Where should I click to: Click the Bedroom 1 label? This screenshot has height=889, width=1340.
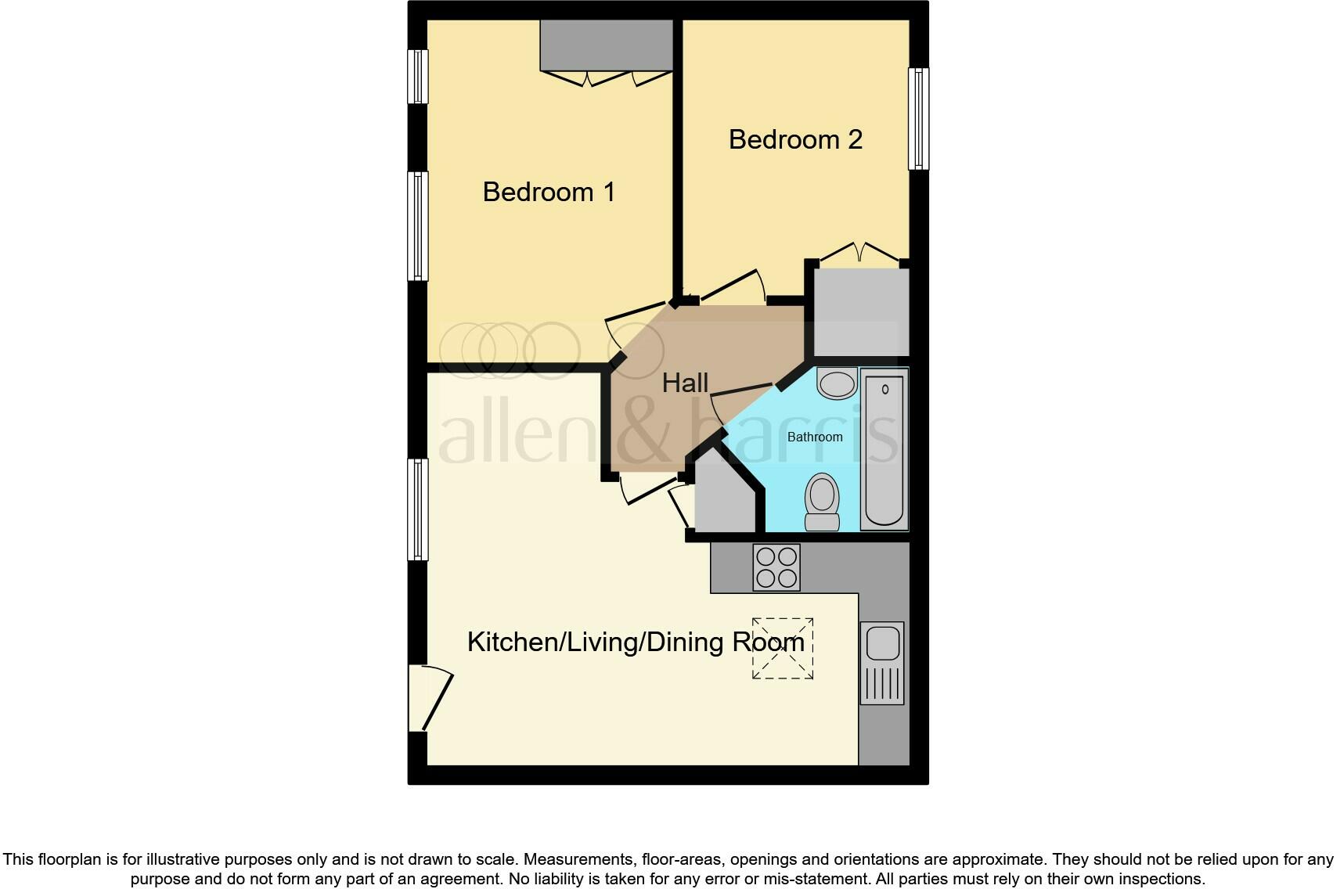click(549, 192)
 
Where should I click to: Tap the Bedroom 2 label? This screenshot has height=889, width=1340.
click(795, 139)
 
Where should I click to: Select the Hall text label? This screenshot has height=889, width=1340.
click(685, 383)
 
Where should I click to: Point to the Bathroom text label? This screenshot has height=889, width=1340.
click(815, 437)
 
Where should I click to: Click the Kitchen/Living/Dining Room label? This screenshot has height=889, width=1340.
click(636, 642)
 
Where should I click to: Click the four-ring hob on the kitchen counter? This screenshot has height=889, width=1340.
click(776, 567)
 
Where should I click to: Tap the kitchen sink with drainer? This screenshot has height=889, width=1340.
click(882, 663)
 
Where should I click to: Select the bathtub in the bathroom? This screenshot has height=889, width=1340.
click(884, 449)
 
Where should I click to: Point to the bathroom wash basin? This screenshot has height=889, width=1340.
click(837, 384)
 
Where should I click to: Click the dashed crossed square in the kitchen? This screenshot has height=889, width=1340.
click(783, 649)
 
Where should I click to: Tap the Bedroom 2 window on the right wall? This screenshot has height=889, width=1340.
click(918, 118)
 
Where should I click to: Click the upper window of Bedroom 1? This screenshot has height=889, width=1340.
click(419, 77)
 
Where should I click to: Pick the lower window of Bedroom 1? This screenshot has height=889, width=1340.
click(419, 226)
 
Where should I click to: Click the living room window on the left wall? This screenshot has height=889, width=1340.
click(419, 509)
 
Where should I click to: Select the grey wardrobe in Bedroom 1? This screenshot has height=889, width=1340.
click(607, 45)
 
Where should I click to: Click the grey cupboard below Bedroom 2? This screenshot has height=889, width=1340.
click(861, 312)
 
